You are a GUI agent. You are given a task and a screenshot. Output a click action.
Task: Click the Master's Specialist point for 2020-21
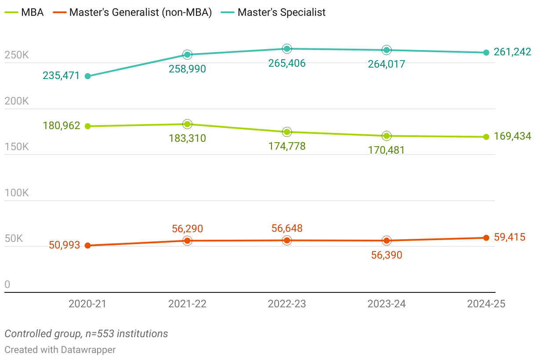(88, 76)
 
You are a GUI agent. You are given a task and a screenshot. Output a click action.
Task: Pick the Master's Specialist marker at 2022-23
(287, 49)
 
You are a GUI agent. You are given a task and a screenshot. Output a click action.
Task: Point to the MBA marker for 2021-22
(188, 124)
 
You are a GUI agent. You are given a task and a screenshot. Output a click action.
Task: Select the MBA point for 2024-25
(486, 137)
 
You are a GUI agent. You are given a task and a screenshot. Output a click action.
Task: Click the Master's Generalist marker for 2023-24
(387, 241)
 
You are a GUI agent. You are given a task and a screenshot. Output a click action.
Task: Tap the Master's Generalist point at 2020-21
(88, 246)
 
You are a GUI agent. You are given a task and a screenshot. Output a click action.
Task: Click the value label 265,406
(287, 63)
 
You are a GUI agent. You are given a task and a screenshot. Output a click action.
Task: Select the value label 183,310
(187, 139)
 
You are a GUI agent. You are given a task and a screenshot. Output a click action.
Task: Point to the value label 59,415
(510, 238)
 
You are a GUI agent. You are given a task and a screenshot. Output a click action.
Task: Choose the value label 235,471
(62, 76)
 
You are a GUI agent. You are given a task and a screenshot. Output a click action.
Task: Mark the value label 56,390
(387, 255)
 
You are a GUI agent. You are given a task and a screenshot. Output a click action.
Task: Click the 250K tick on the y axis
(17, 55)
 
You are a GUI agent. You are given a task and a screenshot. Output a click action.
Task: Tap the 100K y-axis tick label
(17, 193)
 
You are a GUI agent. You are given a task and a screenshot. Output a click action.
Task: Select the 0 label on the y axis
(7, 285)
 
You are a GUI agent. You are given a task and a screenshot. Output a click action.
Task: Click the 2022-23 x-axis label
(287, 304)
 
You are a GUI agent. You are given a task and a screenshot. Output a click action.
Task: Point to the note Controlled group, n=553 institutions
(86, 334)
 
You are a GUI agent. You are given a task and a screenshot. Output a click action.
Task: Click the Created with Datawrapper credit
(60, 350)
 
